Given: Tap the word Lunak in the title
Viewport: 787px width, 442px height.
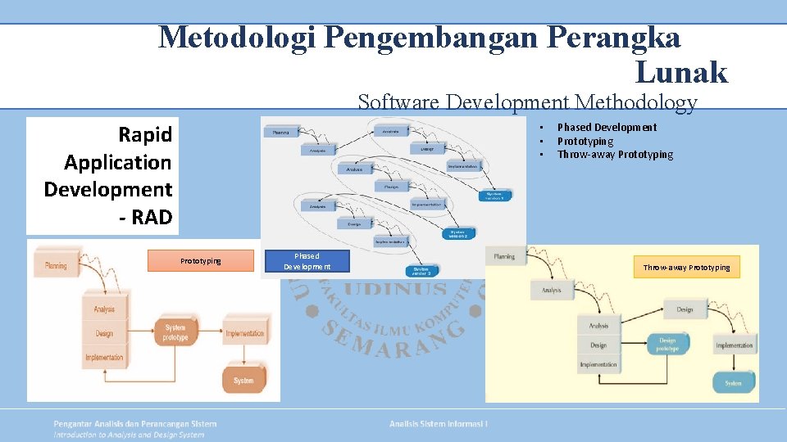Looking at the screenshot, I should [681, 73].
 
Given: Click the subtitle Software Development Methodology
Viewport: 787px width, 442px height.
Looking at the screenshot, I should [527, 102].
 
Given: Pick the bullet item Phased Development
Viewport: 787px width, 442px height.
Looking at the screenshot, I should [607, 127].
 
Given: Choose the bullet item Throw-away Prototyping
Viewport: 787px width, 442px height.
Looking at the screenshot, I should [615, 155].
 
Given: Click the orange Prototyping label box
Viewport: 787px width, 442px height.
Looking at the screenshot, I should [201, 261].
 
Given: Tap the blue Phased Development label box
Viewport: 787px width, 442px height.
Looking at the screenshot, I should [307, 261].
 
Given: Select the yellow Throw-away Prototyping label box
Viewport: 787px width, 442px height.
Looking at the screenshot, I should [686, 268].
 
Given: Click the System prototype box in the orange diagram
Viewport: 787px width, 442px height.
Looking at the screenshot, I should [175, 333].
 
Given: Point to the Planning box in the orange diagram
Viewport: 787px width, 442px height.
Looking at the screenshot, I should [56, 265].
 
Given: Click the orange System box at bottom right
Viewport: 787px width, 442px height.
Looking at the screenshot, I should [243, 380].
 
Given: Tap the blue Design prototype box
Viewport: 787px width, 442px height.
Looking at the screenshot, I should [667, 345].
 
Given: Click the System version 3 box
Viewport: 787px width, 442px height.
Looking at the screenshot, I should [423, 270].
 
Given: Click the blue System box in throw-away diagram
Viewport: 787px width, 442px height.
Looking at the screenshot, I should [732, 382].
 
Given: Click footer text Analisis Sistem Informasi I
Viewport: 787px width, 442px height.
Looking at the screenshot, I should [439, 423].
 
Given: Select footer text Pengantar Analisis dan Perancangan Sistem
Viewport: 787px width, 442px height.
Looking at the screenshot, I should [135, 423].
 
